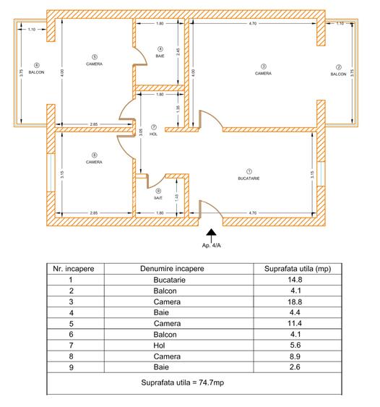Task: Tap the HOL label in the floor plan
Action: [x=153, y=134]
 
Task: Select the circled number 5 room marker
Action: [x=94, y=56]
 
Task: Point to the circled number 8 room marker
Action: [x=94, y=155]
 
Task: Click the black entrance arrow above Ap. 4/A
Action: [x=211, y=235]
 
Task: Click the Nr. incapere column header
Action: [x=71, y=269]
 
